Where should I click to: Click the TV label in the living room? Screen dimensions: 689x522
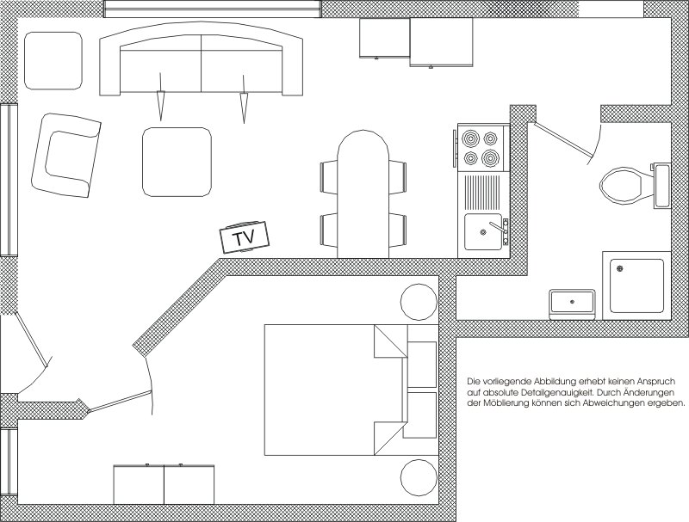point(244,237)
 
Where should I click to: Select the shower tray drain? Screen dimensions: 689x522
point(620,268)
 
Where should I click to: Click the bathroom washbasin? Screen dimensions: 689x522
point(572,304)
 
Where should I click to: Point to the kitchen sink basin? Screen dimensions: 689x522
point(483,231)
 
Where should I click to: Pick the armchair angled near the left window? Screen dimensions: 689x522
point(66,155)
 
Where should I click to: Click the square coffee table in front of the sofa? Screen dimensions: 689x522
point(177,163)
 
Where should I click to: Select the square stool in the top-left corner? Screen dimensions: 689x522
point(53,60)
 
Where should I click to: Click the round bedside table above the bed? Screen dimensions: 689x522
point(419,302)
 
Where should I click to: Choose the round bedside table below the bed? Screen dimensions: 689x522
point(419,478)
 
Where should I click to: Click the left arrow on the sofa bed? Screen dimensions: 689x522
point(160,97)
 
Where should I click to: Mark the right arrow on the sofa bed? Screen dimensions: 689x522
point(243,99)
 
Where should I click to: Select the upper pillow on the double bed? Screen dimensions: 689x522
point(422,364)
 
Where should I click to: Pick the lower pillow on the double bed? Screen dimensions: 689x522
point(419,415)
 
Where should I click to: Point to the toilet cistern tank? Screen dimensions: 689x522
point(661,185)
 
